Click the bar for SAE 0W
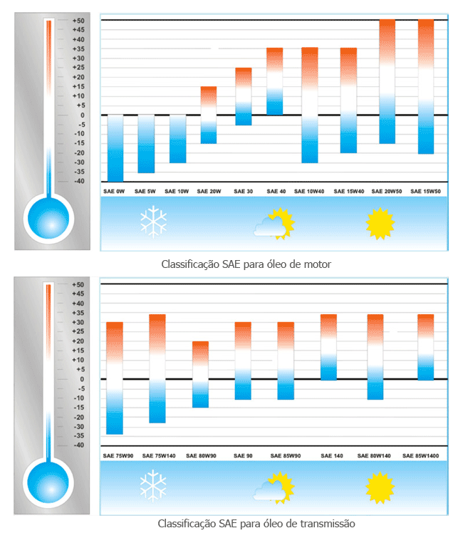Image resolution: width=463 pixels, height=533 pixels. pos(115,148)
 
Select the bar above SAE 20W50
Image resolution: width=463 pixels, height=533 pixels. pos(387,81)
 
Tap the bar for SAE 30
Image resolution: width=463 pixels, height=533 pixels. pos(244,96)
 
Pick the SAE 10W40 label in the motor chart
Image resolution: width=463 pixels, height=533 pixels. pos(309,192)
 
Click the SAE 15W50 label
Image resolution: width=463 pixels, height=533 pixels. pos(426,192)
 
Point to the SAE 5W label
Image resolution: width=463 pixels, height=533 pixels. pos(146,192)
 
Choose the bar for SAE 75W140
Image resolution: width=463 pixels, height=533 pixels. pos(157,368)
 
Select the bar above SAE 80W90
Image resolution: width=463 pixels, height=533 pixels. pos(201,374)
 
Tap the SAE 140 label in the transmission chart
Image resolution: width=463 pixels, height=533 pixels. pos(328,455)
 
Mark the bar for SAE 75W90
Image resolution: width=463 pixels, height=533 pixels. pos(115,378)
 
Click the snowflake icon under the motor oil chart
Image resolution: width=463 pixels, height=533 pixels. pos(153,222)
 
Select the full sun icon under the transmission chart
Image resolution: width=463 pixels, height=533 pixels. pos(380,488)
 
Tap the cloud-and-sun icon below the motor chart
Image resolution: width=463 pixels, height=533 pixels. pos(274,224)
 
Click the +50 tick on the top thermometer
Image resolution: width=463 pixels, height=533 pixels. pos(78,21)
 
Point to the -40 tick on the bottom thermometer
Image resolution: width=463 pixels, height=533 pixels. pos(78,445)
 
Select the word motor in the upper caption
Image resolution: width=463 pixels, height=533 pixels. pos(317,264)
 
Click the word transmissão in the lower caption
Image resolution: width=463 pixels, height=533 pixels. pos(326,524)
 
